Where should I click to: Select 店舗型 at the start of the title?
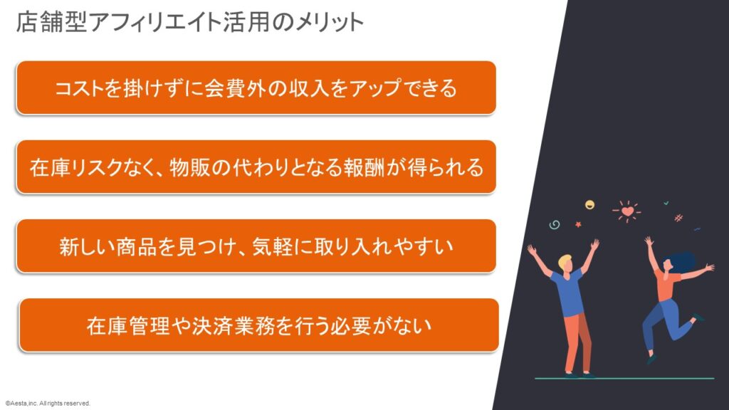[51, 22]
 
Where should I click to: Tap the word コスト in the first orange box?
[79, 88]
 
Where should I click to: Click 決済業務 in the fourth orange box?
[233, 326]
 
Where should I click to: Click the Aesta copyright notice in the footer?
[48, 404]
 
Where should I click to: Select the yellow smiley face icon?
[589, 204]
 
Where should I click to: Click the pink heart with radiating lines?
[627, 212]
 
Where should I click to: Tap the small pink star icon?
[578, 224]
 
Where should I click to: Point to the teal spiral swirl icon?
[554, 225]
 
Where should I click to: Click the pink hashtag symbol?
[678, 218]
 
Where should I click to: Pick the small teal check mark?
[666, 203]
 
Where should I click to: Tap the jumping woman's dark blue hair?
[681, 262]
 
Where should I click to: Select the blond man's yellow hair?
[565, 261]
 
